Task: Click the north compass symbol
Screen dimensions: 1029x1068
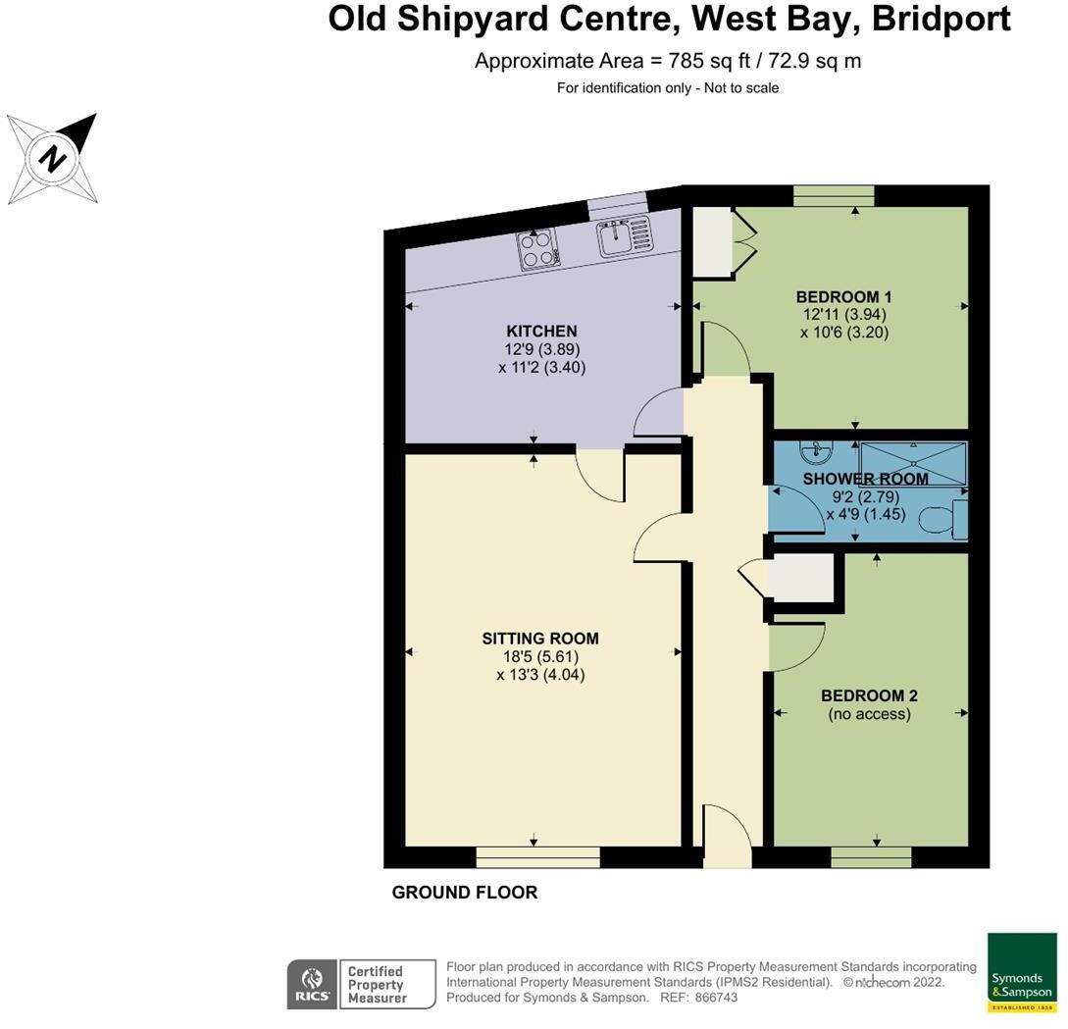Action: [x=52, y=158]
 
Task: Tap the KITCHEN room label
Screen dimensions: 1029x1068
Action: [x=541, y=331]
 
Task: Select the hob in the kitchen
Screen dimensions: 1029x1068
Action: [x=538, y=249]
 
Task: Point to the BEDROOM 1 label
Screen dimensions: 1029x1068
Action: [x=843, y=296]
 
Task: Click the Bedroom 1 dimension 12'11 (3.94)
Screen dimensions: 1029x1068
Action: [x=843, y=315]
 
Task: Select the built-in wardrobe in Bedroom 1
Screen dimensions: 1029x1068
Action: [x=713, y=241]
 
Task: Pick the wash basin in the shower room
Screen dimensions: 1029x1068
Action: [x=813, y=453]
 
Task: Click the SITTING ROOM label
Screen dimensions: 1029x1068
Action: [x=540, y=638]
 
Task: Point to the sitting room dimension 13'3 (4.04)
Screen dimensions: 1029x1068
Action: [x=540, y=675]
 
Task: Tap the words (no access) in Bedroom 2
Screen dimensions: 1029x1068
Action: [x=870, y=714]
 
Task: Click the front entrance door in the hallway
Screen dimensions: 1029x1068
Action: [x=727, y=836]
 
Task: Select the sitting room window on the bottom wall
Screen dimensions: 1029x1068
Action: [x=537, y=858]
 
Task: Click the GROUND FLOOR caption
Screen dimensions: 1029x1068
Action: [x=465, y=893]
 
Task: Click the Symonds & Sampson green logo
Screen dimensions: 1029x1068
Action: [x=1021, y=973]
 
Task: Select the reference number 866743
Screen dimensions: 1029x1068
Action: [x=715, y=998]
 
